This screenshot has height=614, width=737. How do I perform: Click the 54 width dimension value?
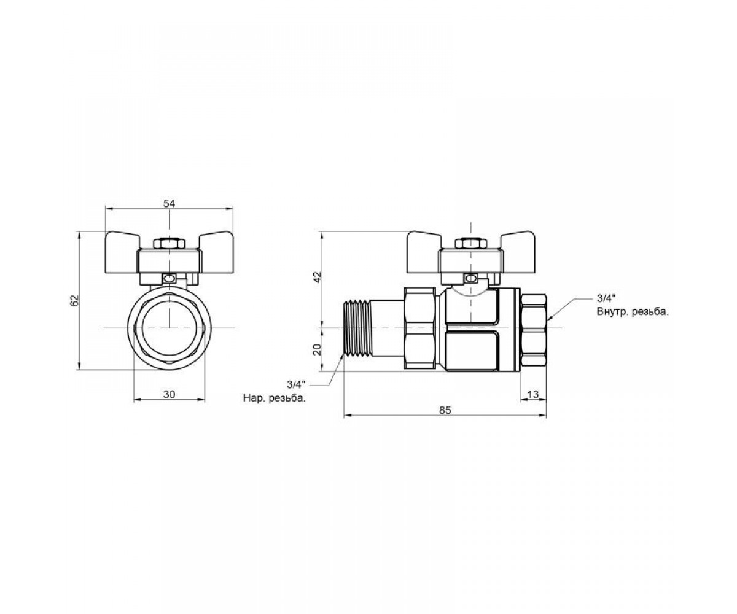(169, 204)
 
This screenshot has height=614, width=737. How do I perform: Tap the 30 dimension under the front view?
(169, 395)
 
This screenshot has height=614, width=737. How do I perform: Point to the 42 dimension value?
(318, 277)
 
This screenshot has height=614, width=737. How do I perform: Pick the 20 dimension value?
(318, 349)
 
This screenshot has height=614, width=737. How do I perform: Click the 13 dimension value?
(533, 395)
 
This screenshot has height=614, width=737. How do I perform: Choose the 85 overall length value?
(445, 410)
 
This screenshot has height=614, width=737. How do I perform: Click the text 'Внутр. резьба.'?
(633, 312)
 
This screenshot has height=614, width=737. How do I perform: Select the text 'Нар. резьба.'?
(275, 398)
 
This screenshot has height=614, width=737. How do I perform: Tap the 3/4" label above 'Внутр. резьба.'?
(606, 298)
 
